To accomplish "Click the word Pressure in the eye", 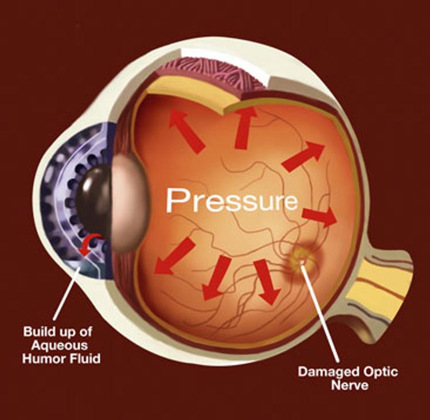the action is tap(232, 200).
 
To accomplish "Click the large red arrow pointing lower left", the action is tap(174, 255).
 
